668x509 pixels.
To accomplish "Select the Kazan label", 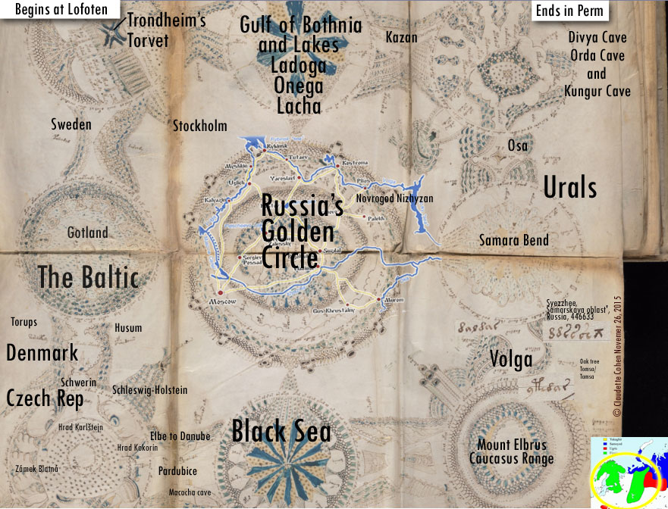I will [x=401, y=37].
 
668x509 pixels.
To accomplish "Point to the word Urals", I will [x=569, y=188].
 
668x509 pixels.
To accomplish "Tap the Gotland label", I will [x=87, y=233].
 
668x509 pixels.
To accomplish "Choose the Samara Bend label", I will [x=513, y=241].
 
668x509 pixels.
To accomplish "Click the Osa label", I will [x=517, y=145].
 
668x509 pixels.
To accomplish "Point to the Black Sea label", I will [x=281, y=432].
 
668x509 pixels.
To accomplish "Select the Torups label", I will [x=24, y=322].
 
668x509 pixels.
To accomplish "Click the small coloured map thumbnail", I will [x=629, y=472].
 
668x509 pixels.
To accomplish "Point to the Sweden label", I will [x=71, y=124].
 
